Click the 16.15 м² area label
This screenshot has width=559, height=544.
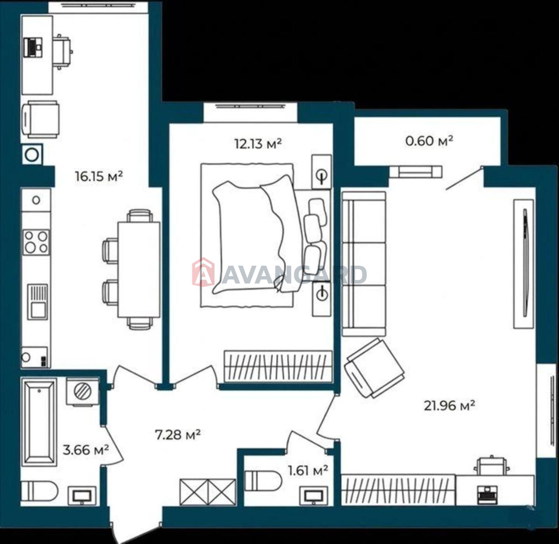99,176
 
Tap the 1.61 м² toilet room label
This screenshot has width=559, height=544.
308,471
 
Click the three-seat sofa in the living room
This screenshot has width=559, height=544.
364,264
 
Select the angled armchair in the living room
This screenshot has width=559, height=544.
374,368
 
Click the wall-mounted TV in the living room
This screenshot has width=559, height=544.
524,264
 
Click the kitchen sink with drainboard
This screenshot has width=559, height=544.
37,301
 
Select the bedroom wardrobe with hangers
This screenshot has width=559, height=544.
278,366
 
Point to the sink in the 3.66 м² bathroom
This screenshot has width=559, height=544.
82,495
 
